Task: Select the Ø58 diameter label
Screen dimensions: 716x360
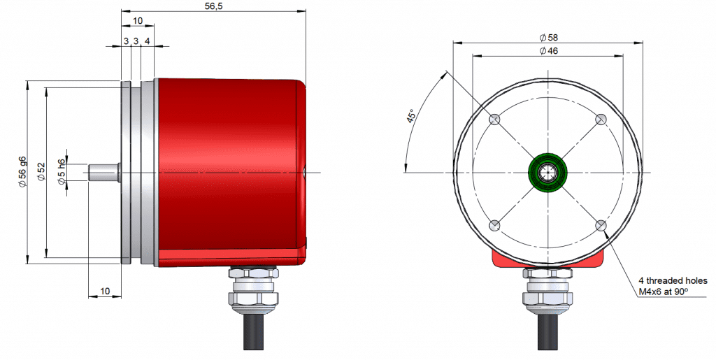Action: pyautogui.click(x=548, y=38)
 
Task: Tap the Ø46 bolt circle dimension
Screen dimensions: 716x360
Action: pyautogui.click(x=548, y=50)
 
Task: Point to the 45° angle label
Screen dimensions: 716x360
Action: pyautogui.click(x=411, y=116)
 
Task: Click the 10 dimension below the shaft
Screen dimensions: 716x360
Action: pyautogui.click(x=105, y=291)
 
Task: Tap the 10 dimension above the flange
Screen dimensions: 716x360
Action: pyautogui.click(x=138, y=20)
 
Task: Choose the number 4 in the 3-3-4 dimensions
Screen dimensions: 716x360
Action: pyautogui.click(x=147, y=41)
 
